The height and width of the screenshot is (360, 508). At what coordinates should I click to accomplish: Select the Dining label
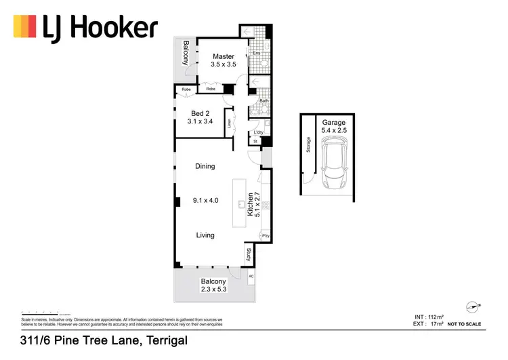[205, 166]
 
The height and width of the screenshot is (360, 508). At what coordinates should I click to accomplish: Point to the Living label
[205, 235]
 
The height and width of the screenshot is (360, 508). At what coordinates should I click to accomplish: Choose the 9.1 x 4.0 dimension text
[205, 200]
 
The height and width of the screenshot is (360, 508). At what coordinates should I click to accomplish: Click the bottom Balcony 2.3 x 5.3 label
[213, 285]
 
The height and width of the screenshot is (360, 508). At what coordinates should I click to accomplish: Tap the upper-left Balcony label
[185, 53]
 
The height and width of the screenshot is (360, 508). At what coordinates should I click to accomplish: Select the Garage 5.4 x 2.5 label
[334, 127]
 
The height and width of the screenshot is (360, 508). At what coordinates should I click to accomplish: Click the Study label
[249, 255]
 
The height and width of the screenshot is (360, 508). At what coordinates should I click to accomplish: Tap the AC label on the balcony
[251, 277]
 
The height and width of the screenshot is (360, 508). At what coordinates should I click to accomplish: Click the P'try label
[265, 235]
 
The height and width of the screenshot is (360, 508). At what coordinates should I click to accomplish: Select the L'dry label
[258, 132]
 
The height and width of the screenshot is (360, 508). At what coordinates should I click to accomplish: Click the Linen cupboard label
[230, 123]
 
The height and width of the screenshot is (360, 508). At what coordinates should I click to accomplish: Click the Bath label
[263, 101]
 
